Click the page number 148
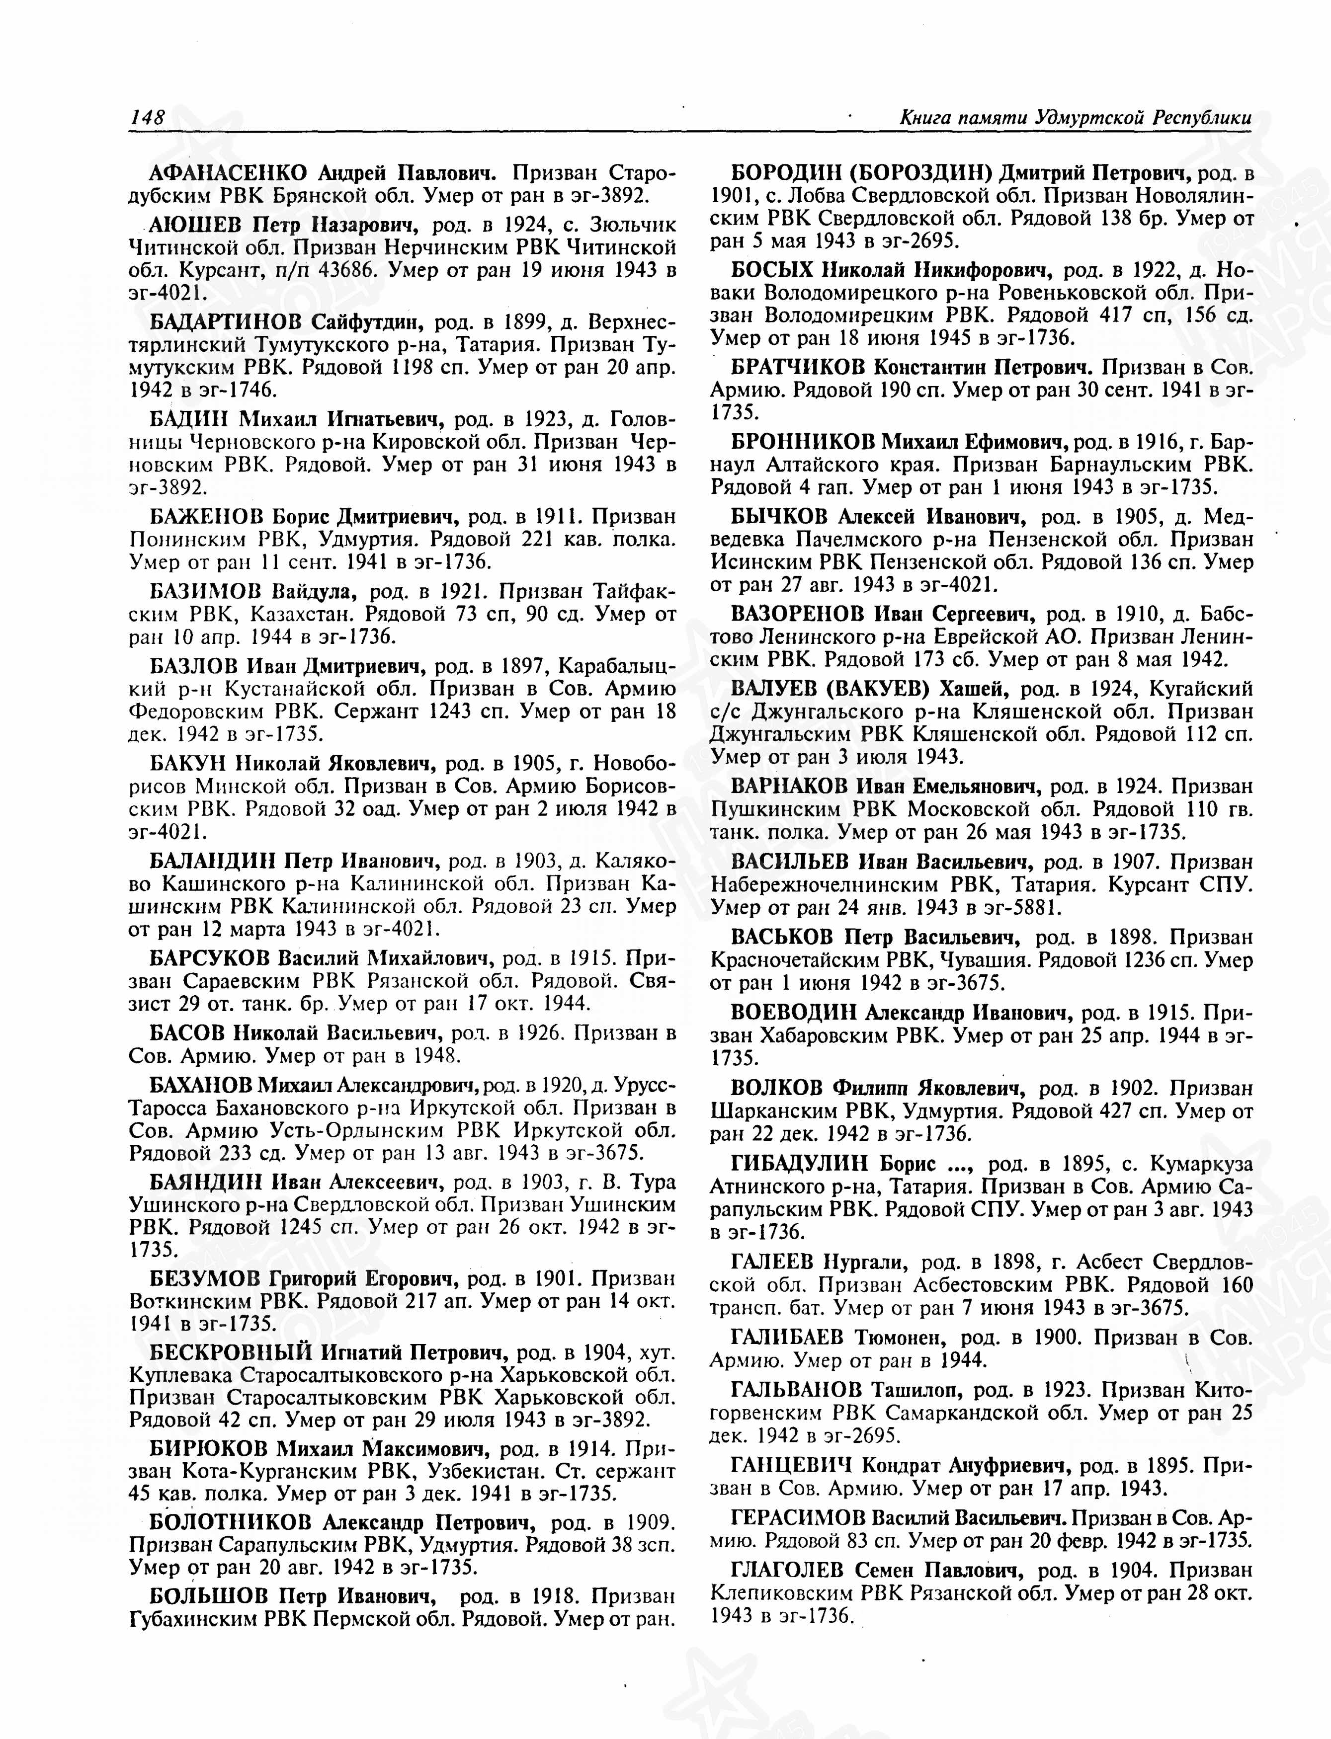pyautogui.click(x=147, y=117)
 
